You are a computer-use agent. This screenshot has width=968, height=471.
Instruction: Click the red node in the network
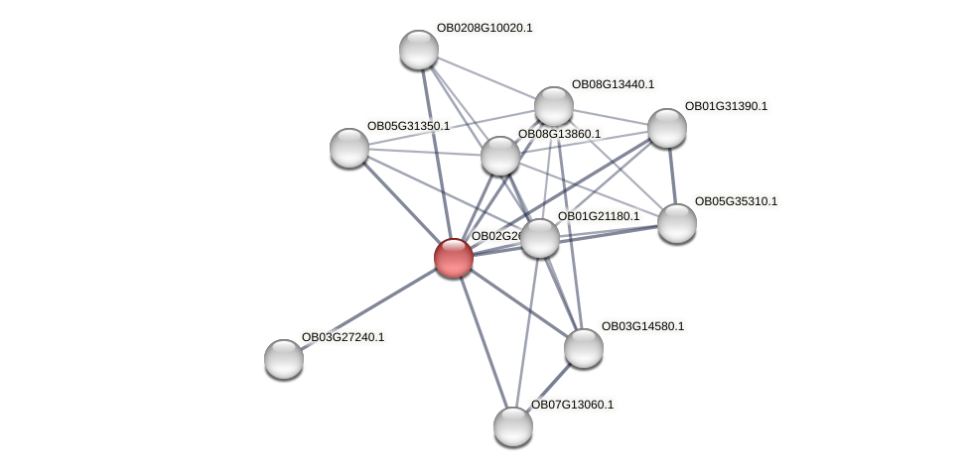[454, 258]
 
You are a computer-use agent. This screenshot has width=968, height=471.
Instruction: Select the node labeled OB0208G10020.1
[419, 50]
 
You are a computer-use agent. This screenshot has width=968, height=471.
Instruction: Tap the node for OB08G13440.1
[554, 106]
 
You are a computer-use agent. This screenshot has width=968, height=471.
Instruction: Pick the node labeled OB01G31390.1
[667, 128]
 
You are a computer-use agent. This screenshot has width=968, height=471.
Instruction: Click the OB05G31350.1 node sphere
[349, 148]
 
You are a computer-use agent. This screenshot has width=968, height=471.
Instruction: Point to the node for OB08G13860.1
[500, 156]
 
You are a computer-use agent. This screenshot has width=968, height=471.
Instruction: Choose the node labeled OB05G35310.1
[677, 223]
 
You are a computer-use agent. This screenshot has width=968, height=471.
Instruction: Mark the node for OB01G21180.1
[540, 238]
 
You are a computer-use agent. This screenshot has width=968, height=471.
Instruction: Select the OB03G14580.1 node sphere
[584, 348]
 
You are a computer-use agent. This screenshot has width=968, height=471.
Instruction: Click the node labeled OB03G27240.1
[284, 359]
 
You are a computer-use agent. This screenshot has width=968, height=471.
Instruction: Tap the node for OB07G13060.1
[513, 426]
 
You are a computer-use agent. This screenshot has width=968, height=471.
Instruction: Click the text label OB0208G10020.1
[484, 28]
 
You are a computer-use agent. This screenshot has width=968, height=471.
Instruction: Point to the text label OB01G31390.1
[726, 106]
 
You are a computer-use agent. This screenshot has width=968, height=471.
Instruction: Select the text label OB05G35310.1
[736, 201]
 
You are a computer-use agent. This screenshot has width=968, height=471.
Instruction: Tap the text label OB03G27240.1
[343, 337]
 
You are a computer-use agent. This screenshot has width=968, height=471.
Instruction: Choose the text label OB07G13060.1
[572, 405]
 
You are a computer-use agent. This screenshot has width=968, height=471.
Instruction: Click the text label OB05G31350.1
[408, 126]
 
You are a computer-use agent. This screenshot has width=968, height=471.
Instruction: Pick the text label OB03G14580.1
[642, 326]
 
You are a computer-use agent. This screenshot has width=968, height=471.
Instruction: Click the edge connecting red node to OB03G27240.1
[369, 308]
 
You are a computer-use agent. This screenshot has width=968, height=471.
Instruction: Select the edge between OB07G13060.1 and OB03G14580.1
[549, 387]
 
